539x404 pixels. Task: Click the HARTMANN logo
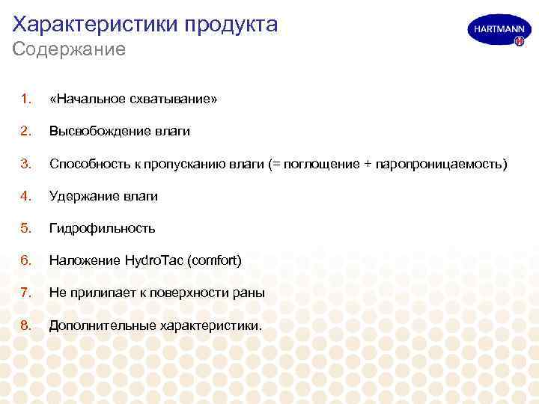pos(495,31)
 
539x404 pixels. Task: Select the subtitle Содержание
pos(69,50)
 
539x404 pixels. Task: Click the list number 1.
pos(25,99)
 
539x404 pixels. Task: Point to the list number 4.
pos(25,196)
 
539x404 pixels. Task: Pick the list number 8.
pos(25,325)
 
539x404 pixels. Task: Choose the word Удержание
pos(81,196)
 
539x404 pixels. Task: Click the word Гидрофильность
pos(102,228)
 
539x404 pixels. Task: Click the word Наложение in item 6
pos(83,260)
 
